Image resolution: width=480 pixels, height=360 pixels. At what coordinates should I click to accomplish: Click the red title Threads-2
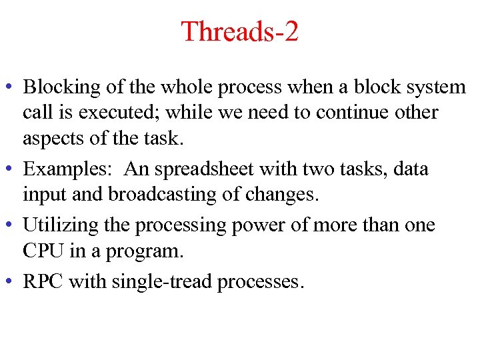[x=239, y=31]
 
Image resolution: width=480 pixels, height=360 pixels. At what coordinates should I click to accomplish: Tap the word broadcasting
[x=165, y=195]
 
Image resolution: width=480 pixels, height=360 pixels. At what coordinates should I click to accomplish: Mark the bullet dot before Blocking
[x=12, y=88]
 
